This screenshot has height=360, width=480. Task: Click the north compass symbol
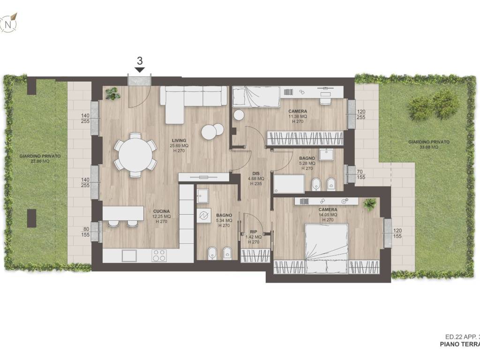(x=9, y=23)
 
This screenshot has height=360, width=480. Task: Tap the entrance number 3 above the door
(x=140, y=60)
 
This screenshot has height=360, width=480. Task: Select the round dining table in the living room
(x=135, y=155)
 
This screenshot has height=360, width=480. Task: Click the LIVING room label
(x=179, y=141)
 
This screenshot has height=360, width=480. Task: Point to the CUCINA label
(x=161, y=211)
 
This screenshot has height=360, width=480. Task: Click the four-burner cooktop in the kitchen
(x=159, y=255)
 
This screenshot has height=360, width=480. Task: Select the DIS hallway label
(x=256, y=173)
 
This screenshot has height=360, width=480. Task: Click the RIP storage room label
(x=254, y=232)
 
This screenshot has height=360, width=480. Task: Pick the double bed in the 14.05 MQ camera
(x=327, y=249)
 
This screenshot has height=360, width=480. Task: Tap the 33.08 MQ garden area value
(x=429, y=147)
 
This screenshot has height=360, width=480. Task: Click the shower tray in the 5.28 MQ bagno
(x=289, y=184)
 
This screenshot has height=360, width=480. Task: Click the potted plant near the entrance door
(x=112, y=93)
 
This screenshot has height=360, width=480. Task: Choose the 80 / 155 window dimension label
(x=86, y=232)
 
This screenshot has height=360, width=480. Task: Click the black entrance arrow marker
(x=140, y=70)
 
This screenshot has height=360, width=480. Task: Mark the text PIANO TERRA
(x=460, y=344)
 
